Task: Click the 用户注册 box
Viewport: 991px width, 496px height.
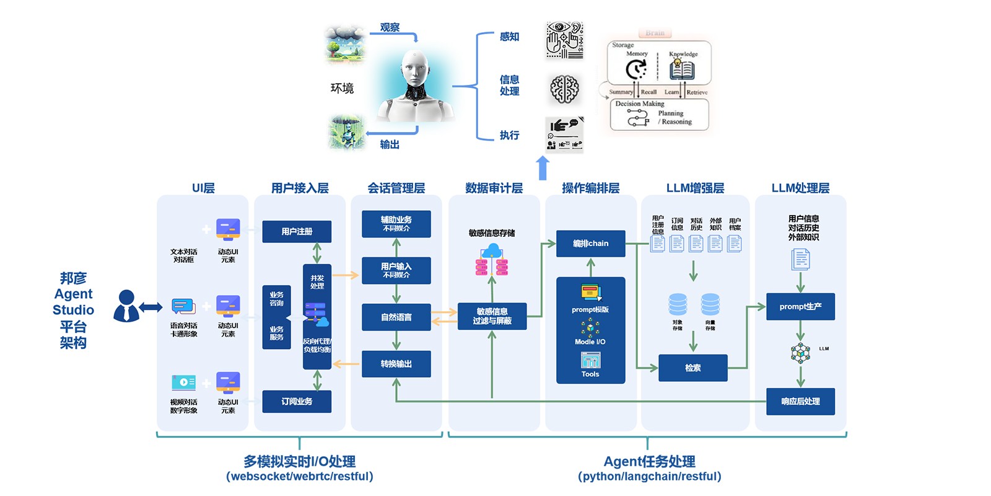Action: [x=297, y=231]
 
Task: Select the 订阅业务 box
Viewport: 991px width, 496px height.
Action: [x=297, y=401]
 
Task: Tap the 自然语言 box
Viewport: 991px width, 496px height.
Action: [x=396, y=317]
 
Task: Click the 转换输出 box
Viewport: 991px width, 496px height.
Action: [x=396, y=364]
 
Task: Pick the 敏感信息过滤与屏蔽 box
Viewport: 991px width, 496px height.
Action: [x=492, y=316]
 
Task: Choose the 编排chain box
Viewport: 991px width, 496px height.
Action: [x=590, y=243]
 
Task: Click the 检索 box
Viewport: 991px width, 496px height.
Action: [x=692, y=368]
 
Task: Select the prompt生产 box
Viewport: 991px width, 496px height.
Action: [x=800, y=306]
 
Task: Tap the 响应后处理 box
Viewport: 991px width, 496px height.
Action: [x=800, y=401]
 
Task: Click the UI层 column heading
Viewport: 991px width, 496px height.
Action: [x=203, y=188]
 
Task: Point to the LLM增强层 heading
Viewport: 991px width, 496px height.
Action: [x=695, y=188]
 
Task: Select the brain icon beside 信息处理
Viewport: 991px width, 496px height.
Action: [x=564, y=89]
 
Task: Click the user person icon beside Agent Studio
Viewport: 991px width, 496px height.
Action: [x=126, y=306]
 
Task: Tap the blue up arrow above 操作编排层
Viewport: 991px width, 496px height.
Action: [x=543, y=167]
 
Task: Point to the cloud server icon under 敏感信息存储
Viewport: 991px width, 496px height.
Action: [x=492, y=259]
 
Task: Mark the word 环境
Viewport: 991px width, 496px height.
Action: [x=342, y=88]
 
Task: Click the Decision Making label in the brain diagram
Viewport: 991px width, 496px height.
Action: [x=639, y=104]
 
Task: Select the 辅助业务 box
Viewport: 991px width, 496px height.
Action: [x=396, y=223]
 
